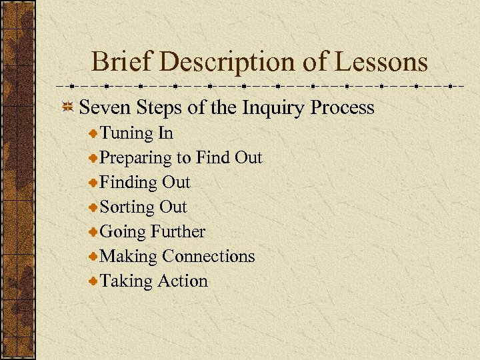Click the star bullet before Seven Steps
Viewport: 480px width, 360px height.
pos(68,108)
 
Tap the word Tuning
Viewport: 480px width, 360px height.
pos(127,134)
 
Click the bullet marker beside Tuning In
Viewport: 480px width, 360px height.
pos(93,134)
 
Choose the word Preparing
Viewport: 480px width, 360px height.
pos(135,159)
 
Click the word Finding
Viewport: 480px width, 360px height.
pos(129,183)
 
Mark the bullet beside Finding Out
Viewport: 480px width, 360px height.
pos(93,183)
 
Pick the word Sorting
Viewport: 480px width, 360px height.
pos(127,208)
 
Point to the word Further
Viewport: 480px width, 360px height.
pos(178,232)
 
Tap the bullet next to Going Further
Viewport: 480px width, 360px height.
pos(93,232)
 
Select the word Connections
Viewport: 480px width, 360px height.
pos(209,257)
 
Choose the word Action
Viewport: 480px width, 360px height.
pos(183,281)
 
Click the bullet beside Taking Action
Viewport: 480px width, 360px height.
pos(93,281)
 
